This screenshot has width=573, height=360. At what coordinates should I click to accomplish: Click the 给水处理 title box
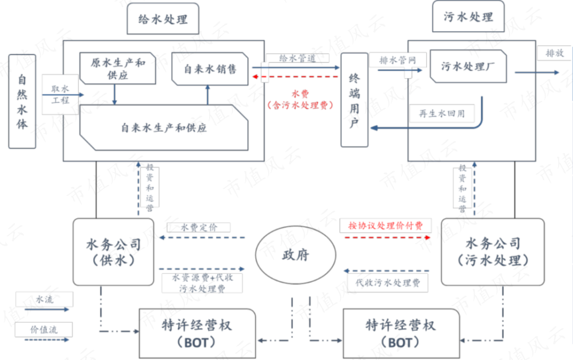click(x=163, y=20)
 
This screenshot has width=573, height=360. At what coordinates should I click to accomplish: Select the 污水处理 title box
click(x=468, y=17)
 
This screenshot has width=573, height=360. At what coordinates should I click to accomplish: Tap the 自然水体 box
click(x=22, y=101)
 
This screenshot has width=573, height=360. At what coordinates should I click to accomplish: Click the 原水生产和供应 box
click(x=117, y=68)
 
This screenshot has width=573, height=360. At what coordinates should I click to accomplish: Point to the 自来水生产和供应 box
click(x=164, y=127)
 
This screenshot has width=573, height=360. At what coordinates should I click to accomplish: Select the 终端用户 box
click(x=354, y=100)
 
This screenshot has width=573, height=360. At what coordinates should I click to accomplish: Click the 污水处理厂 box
click(x=467, y=66)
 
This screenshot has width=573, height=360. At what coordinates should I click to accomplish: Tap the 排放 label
click(x=555, y=54)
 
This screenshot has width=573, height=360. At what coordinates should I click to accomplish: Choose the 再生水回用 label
click(x=441, y=113)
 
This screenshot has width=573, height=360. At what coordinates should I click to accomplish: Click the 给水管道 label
click(x=297, y=58)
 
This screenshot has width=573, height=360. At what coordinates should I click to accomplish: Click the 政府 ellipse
click(x=296, y=255)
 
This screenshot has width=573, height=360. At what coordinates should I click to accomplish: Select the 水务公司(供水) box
click(x=114, y=252)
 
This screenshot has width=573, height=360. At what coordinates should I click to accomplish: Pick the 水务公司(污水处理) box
click(x=493, y=252)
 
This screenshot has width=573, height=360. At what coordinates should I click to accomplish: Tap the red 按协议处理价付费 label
click(x=385, y=226)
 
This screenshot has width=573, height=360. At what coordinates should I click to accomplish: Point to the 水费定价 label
click(x=199, y=227)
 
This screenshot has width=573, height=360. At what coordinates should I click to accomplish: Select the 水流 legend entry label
click(x=45, y=299)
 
